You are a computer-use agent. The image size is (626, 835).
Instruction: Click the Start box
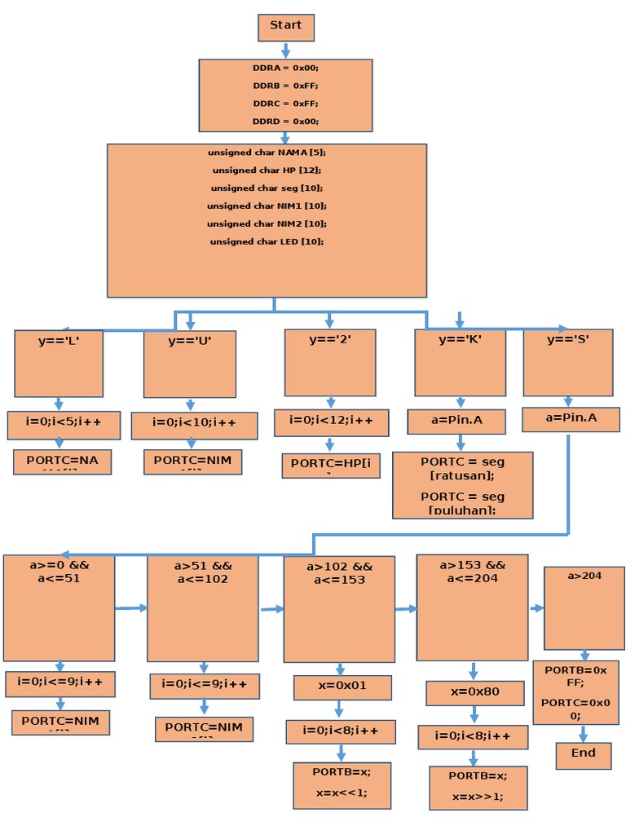[286, 27]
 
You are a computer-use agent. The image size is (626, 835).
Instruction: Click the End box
[584, 755]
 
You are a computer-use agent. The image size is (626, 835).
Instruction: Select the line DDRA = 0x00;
[285, 68]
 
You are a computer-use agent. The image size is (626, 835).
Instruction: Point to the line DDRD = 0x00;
[285, 121]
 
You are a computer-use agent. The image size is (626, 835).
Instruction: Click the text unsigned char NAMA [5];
[267, 152]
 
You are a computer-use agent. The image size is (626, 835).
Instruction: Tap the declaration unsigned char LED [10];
[267, 241]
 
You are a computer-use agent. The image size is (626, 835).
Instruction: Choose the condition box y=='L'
[59, 363]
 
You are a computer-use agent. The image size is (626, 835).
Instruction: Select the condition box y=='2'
[330, 362]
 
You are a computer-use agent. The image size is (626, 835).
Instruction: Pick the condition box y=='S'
[568, 362]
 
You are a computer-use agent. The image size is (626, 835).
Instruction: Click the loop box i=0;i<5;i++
[64, 425]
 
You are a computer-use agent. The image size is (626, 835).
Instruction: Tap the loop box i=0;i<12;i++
[331, 422]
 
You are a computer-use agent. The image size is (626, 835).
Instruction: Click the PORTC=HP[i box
[331, 466]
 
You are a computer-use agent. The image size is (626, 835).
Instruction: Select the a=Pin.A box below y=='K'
[456, 421]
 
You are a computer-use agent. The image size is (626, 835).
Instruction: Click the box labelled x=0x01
[342, 687]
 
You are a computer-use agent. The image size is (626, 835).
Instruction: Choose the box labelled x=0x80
[474, 693]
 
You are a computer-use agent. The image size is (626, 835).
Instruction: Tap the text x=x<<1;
[342, 792]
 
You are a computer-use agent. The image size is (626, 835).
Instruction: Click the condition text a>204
[584, 576]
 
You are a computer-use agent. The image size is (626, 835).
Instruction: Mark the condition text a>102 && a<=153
[339, 573]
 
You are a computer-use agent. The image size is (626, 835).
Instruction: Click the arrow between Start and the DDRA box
[285, 50]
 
